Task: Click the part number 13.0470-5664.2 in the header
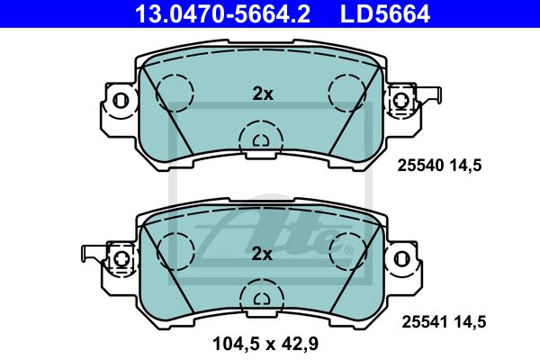[x=222, y=13]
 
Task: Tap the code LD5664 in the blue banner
[x=385, y=13]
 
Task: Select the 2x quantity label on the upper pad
[x=263, y=94]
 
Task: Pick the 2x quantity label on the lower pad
[x=262, y=254]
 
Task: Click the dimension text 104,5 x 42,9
[x=265, y=344]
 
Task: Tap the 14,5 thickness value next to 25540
[x=465, y=166]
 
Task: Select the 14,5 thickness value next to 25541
[x=470, y=322]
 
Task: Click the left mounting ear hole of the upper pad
[x=121, y=102]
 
